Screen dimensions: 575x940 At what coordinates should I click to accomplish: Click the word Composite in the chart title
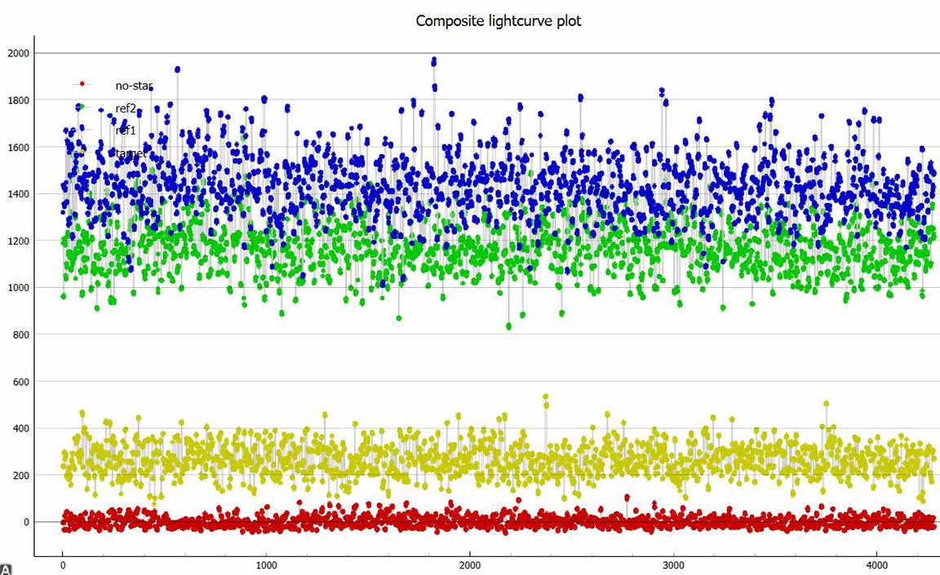[x=446, y=21]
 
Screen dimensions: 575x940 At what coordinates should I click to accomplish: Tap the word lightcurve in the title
[x=517, y=21]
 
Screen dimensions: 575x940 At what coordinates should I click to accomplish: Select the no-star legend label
[x=134, y=85]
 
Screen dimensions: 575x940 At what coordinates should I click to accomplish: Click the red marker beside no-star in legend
[x=82, y=84]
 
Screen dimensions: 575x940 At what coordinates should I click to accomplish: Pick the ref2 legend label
[x=126, y=108]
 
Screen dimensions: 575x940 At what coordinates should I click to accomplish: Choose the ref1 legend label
[x=126, y=130]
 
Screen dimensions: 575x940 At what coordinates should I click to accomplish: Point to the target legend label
[x=131, y=153]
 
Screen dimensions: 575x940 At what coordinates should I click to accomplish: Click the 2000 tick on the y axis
[x=18, y=54]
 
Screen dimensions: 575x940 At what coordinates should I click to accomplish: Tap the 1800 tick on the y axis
[x=18, y=100]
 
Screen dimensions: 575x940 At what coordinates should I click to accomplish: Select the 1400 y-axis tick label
[x=18, y=194]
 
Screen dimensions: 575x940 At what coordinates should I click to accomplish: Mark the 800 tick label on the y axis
[x=20, y=335]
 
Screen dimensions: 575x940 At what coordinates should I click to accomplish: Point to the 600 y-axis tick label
[x=20, y=382]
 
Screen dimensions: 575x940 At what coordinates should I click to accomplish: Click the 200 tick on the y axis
[x=20, y=475]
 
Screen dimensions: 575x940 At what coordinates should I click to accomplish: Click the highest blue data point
[x=434, y=61]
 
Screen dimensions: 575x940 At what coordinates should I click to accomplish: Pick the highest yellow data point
[x=545, y=397]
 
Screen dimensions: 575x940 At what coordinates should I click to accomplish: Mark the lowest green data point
[x=509, y=326]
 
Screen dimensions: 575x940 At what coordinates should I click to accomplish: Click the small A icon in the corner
[x=7, y=568]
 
